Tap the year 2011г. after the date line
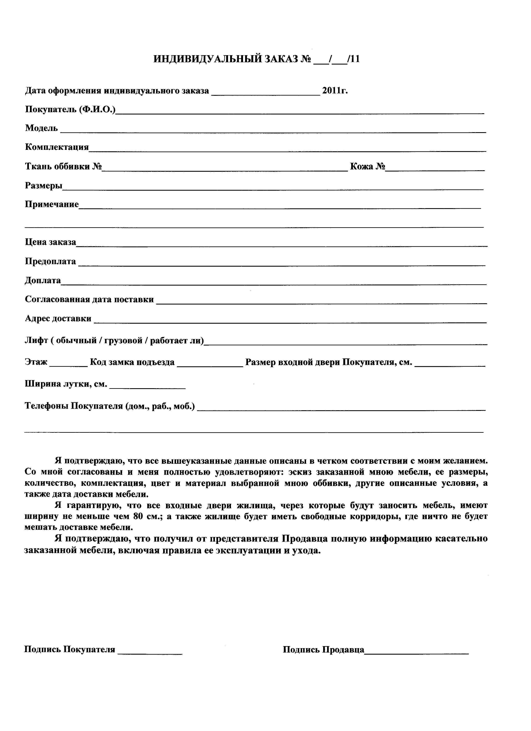pyautogui.click(x=335, y=91)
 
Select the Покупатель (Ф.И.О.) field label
pyautogui.click(x=70, y=109)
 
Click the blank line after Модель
pyautogui.click(x=273, y=131)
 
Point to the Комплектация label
pyautogui.click(x=57, y=147)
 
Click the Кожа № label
pyautogui.click(x=367, y=167)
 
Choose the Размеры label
pyautogui.click(x=43, y=186)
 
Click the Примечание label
pyautogui.click(x=52, y=204)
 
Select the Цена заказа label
pyautogui.click(x=51, y=242)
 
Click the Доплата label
pyautogui.click(x=43, y=280)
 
